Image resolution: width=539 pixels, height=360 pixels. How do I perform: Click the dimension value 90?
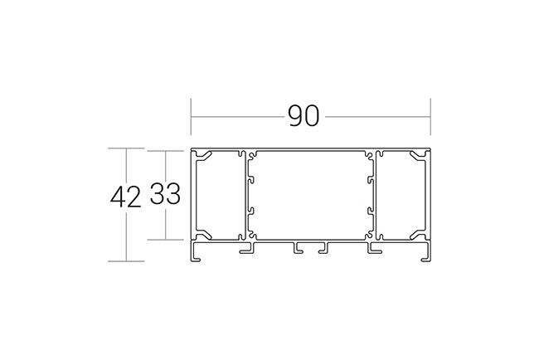[x=303, y=116]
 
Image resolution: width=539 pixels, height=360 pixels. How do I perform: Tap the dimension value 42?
[x=126, y=197]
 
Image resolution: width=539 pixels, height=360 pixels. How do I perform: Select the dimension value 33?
[x=165, y=194]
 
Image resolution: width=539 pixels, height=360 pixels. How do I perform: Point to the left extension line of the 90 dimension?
[x=191, y=117]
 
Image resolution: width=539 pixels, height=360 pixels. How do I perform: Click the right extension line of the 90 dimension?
[x=430, y=117]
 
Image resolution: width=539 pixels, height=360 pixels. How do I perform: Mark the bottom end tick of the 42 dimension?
[x=126, y=261]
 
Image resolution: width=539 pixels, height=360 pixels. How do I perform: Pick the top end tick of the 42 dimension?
[x=126, y=148]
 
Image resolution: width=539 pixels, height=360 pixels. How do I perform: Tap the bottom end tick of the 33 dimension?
[x=165, y=240]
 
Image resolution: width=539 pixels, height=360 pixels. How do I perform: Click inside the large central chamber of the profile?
[x=310, y=195]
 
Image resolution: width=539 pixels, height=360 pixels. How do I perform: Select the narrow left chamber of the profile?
[x=217, y=195]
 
